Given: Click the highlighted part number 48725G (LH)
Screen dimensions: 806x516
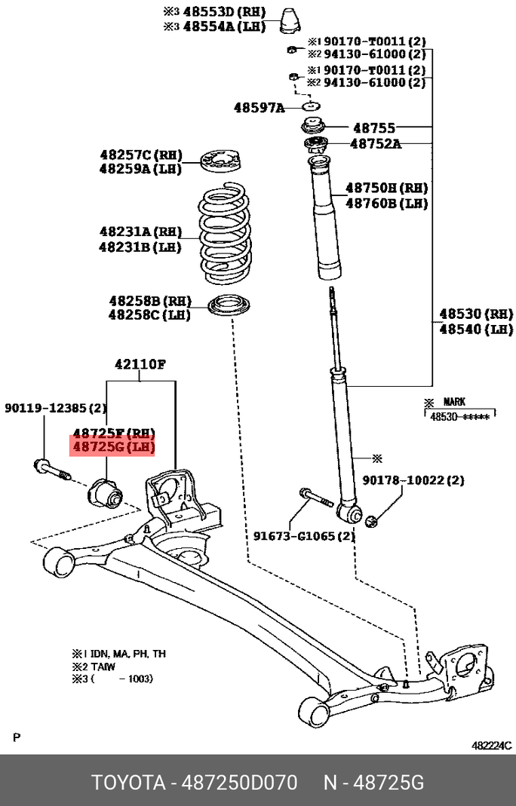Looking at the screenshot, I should tap(112, 448).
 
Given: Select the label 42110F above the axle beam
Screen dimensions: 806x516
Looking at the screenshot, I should tap(140, 364).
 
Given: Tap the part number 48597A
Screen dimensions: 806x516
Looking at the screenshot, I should tap(259, 109).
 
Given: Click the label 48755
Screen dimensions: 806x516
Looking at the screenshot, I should tap(375, 129).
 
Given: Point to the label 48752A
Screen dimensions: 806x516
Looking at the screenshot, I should tap(375, 143).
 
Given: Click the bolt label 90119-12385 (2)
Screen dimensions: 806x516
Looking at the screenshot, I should tap(56, 408).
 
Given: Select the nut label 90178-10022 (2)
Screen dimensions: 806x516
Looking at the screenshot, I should tap(413, 480).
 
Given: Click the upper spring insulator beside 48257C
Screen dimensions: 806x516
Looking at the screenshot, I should tap(224, 162).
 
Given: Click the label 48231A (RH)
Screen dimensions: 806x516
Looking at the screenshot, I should tap(140, 231).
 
